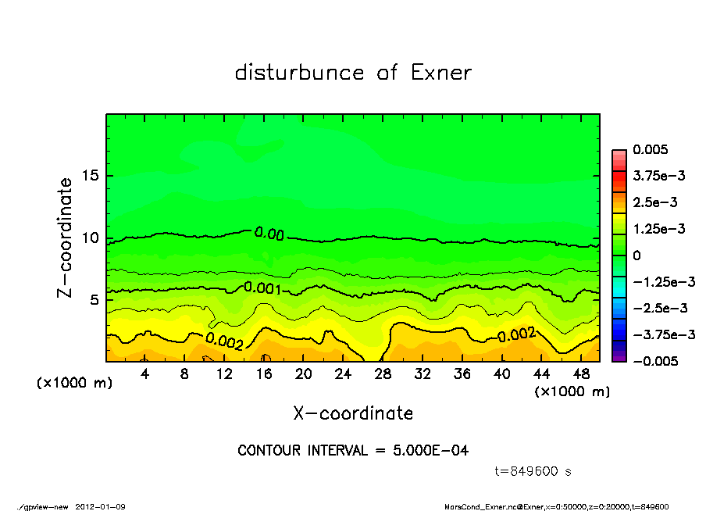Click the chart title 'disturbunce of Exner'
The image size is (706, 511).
click(353, 73)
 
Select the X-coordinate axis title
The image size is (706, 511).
click(353, 413)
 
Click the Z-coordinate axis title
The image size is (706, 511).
click(65, 238)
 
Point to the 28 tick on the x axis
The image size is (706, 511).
click(383, 373)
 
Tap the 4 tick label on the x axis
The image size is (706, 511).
click(145, 373)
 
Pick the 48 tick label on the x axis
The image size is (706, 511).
click(581, 373)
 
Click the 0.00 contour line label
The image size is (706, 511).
click(269, 233)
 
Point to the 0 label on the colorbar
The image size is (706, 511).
click(636, 256)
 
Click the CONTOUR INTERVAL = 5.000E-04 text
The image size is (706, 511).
click(353, 451)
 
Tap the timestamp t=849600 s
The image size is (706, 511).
click(533, 471)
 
